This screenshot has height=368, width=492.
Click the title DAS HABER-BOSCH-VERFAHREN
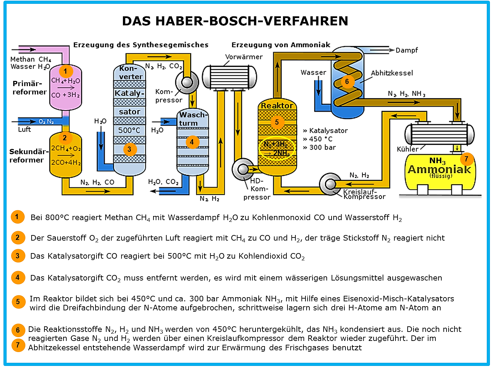[x=235, y=21]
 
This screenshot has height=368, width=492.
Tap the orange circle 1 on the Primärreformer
[x=66, y=71]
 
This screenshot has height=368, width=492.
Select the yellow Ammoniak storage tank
[x=440, y=172]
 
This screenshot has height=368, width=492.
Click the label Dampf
[x=407, y=50]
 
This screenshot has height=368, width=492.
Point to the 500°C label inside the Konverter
[x=129, y=130]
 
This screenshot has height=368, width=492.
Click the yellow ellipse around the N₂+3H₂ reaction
[x=277, y=148]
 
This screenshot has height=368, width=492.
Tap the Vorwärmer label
[x=244, y=57]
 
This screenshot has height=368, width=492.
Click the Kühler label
[x=408, y=149]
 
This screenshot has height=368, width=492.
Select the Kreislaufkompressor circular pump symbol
[x=330, y=184]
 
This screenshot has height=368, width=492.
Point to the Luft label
[x=24, y=129]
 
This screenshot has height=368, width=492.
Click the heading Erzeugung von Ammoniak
[x=281, y=45]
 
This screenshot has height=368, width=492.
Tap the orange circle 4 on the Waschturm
[x=192, y=142]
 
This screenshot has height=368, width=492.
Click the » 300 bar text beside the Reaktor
[x=319, y=148]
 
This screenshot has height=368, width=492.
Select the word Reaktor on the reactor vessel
[x=277, y=106]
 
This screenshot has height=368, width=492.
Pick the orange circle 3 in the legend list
[x=18, y=256]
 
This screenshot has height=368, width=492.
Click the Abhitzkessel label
[x=392, y=73]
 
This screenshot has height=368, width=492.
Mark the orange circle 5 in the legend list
[x=18, y=302]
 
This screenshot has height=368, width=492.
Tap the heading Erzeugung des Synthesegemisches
[x=141, y=45]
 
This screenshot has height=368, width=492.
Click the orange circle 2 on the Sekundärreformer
[x=65, y=137]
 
